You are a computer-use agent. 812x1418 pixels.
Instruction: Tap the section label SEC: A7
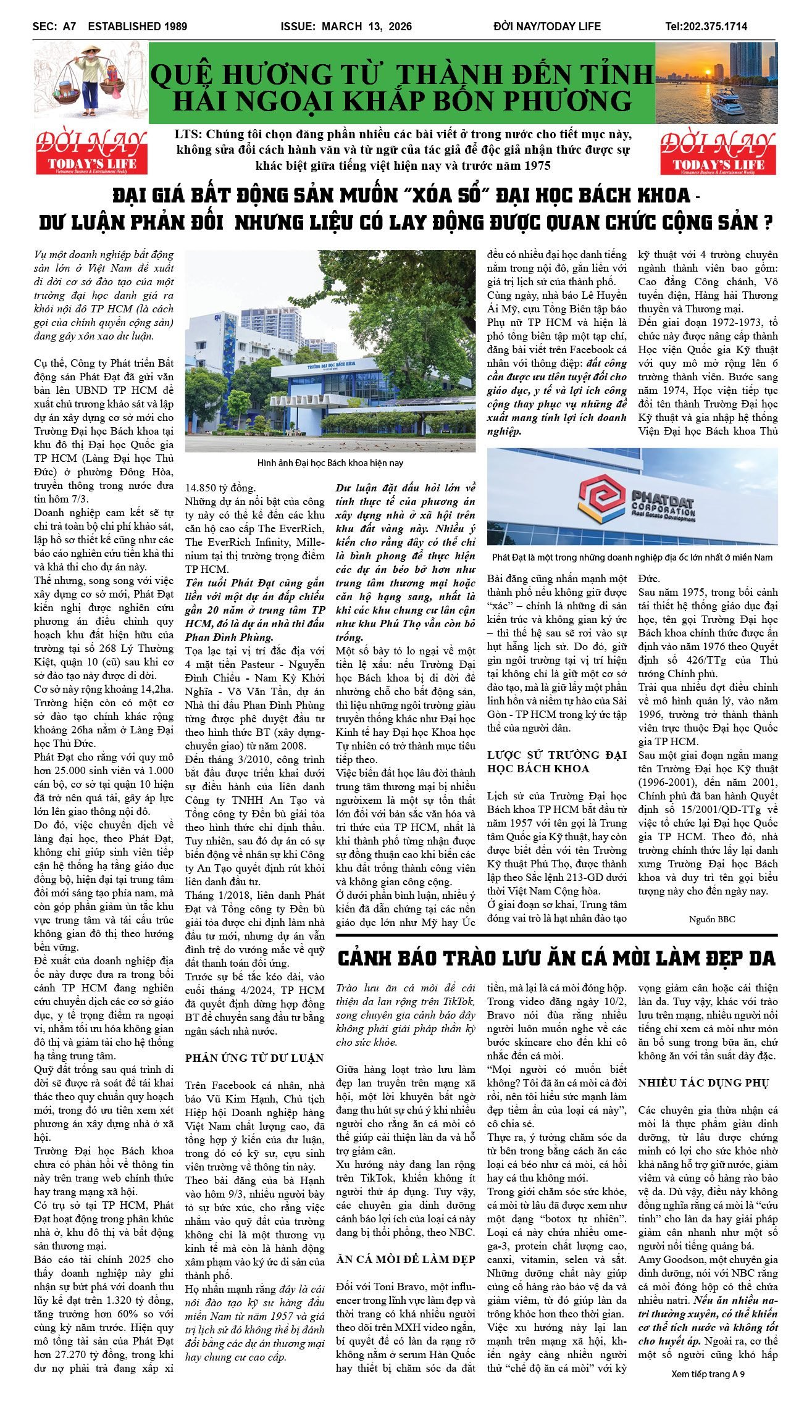[x=54, y=27]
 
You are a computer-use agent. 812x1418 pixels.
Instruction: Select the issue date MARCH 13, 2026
[x=367, y=27]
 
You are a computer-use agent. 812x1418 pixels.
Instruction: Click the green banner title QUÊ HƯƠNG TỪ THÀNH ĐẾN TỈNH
[x=401, y=74]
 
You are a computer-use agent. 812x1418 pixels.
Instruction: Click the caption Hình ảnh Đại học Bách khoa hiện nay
[x=330, y=463]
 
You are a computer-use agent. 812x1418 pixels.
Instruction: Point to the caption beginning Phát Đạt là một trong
[x=632, y=557]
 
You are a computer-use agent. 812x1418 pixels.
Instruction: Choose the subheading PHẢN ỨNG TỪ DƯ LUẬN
[x=254, y=1058]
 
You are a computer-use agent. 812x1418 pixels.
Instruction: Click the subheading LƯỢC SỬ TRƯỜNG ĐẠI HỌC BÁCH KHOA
[x=556, y=762]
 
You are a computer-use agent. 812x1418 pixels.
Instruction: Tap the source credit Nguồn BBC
[x=712, y=919]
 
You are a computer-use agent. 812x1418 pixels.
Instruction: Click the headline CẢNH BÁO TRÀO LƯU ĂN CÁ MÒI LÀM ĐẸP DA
[x=556, y=958]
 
